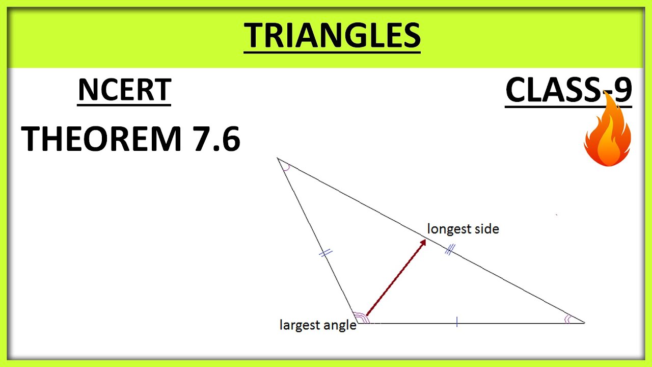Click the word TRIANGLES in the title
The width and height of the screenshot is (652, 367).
pos(332,36)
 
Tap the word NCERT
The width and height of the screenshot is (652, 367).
pos(124,90)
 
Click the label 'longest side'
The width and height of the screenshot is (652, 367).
pos(463,229)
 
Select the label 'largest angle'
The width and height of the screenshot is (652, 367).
pos(318,325)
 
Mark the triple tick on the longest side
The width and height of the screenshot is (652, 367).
pos(449,250)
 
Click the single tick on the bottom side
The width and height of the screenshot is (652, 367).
pos(457,322)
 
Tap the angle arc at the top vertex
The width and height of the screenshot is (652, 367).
pos(286,166)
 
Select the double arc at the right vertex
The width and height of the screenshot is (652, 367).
pos(568,320)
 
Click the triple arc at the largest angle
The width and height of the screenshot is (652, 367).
pos(361,318)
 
